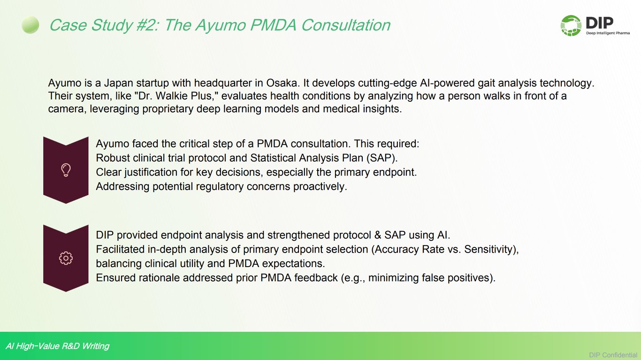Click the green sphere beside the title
(x=31, y=25)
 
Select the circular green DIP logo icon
(x=571, y=25)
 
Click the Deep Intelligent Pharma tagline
(x=608, y=33)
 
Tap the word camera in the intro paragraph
(x=67, y=109)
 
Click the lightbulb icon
(x=66, y=170)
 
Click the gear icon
(x=66, y=258)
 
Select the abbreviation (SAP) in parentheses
(x=382, y=158)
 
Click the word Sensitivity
(x=489, y=250)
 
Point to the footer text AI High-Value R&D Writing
(x=58, y=346)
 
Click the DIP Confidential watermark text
(x=613, y=355)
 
